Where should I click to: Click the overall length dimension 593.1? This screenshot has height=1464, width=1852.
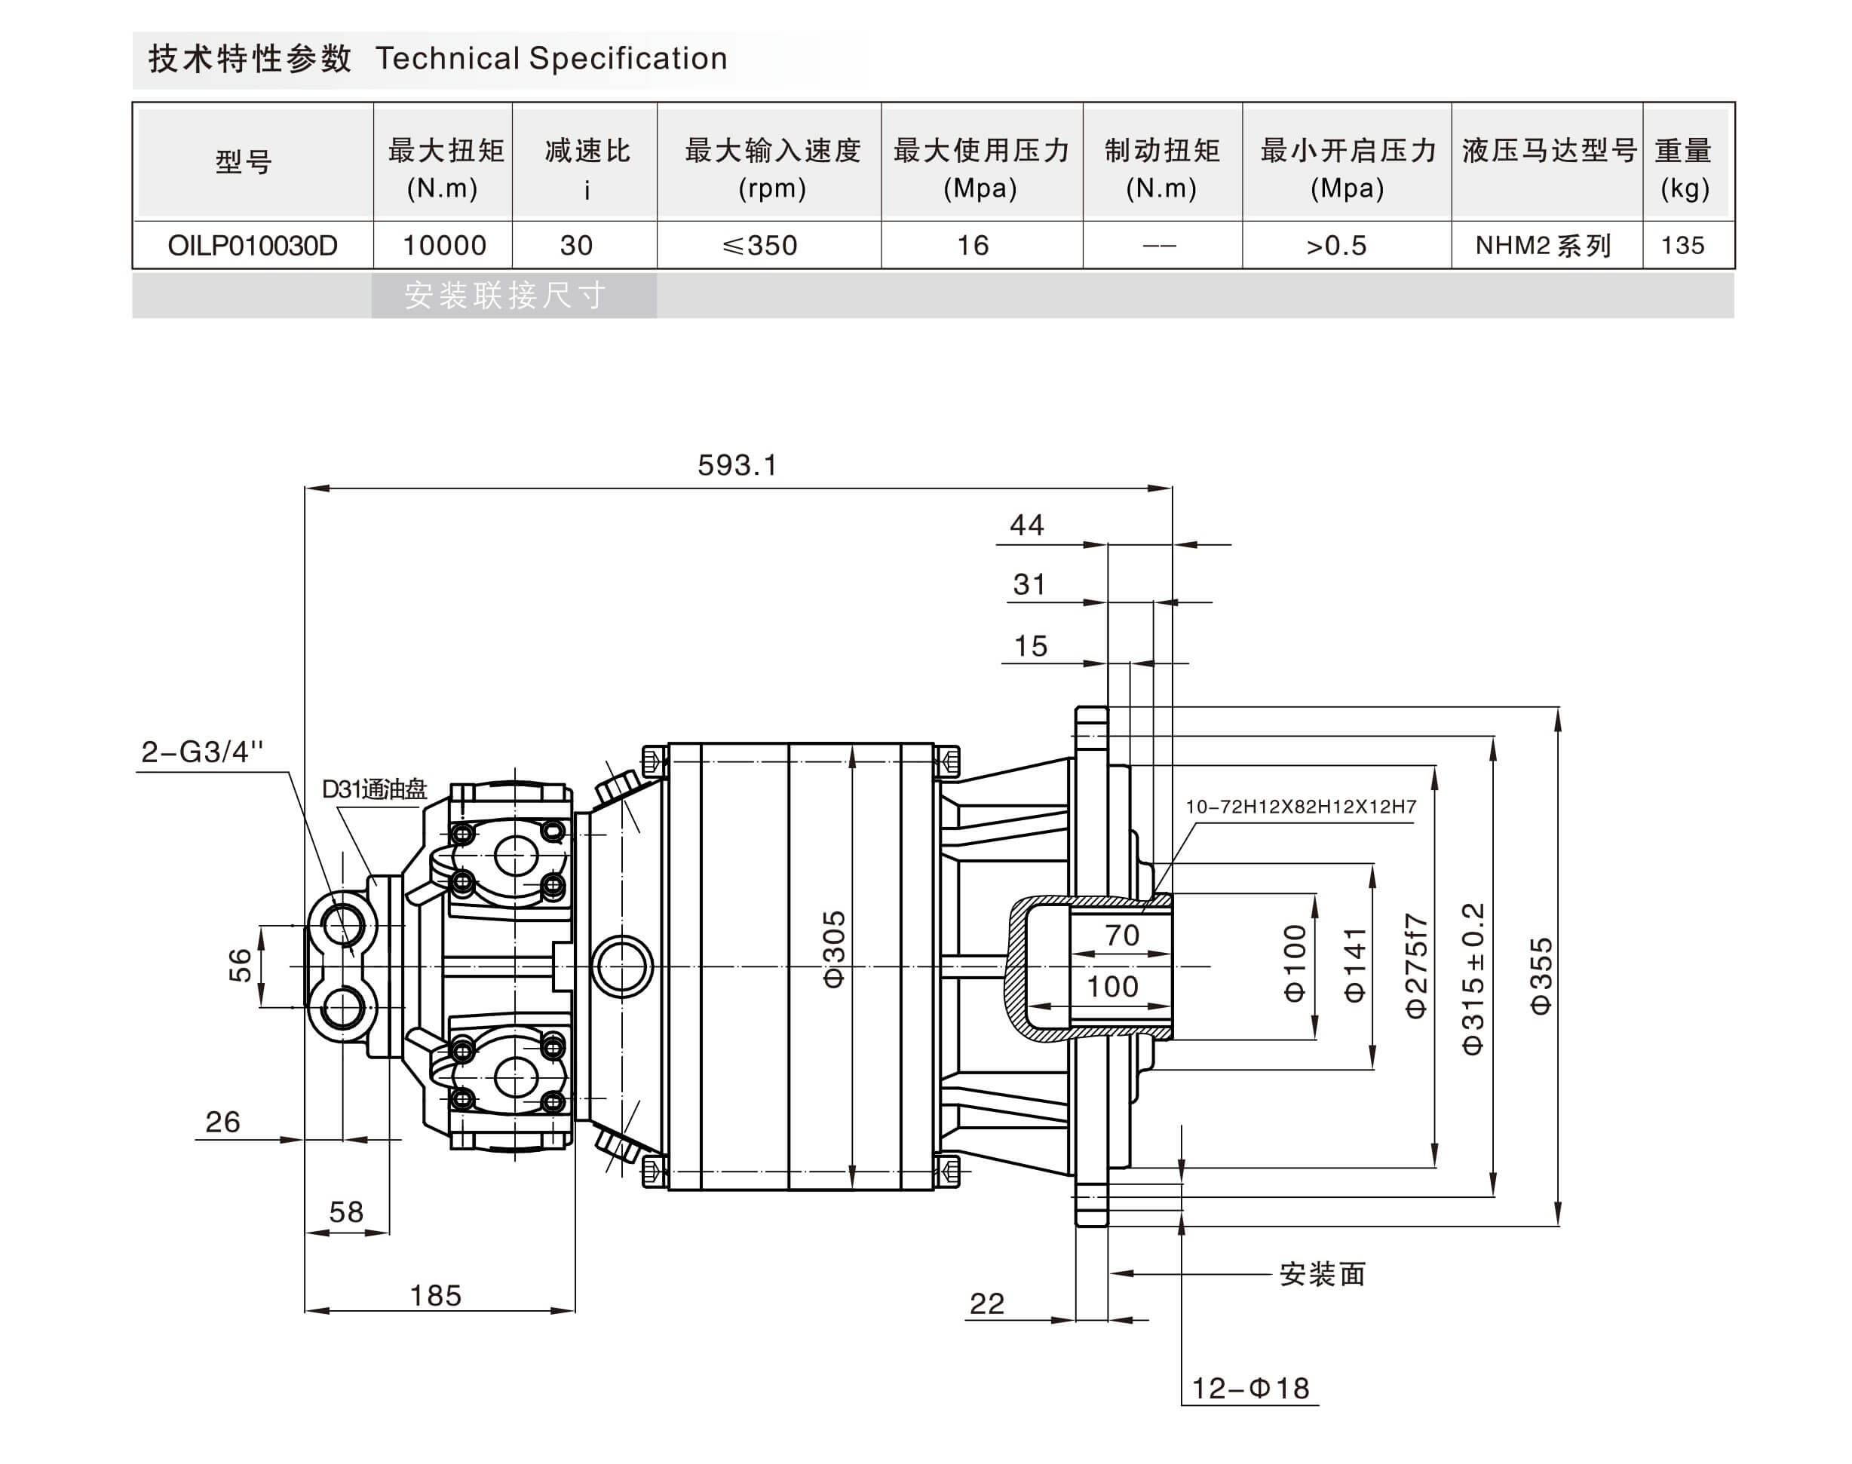pyautogui.click(x=737, y=465)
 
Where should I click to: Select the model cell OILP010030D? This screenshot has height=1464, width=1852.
pyautogui.click(x=252, y=246)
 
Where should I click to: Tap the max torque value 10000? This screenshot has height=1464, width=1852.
pyautogui.click(x=444, y=246)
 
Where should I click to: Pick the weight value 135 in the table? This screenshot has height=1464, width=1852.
pyautogui.click(x=1682, y=246)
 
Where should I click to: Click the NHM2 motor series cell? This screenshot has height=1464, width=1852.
pyautogui.click(x=1544, y=246)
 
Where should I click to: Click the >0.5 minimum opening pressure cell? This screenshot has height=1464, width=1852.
pyautogui.click(x=1336, y=246)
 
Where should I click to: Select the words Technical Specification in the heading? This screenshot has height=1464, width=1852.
pyautogui.click(x=551, y=58)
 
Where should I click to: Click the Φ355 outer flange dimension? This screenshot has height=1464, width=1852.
pyautogui.click(x=1541, y=975)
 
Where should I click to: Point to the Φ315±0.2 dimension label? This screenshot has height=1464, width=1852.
pyautogui.click(x=1472, y=977)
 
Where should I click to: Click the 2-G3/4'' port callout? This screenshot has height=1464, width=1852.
pyautogui.click(x=201, y=752)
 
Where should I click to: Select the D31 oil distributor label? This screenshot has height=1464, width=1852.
pyautogui.click(x=374, y=789)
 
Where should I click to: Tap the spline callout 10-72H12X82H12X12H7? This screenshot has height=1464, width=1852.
pyautogui.click(x=1300, y=807)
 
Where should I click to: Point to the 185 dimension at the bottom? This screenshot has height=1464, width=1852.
pyautogui.click(x=436, y=1295)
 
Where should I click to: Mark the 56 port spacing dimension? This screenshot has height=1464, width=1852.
pyautogui.click(x=240, y=965)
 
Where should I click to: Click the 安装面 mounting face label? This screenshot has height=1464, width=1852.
pyautogui.click(x=1321, y=1275)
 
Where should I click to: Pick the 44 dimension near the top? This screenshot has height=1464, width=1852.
pyautogui.click(x=1026, y=525)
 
